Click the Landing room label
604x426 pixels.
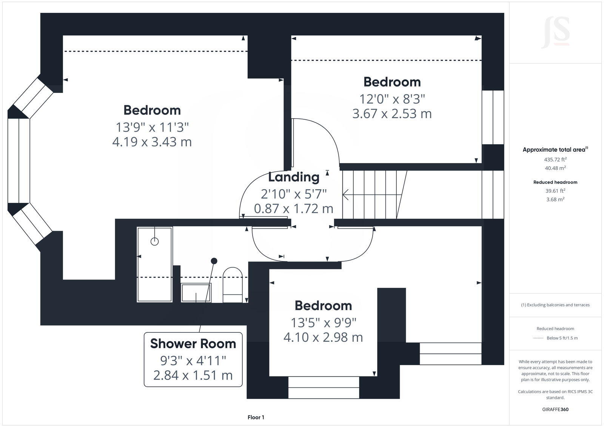tap(294, 177)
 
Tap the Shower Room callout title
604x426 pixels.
tap(193, 344)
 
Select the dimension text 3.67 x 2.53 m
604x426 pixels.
tap(392, 114)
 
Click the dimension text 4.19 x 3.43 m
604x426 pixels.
tap(152, 142)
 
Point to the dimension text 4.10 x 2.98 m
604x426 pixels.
tap(323, 337)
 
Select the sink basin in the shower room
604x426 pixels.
tap(196, 293)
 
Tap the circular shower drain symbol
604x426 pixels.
tap(154, 241)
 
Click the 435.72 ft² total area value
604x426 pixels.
tap(555, 160)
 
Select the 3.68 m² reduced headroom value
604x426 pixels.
tap(555, 199)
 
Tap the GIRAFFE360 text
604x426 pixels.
tap(555, 409)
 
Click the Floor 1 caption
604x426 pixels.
tap(256, 417)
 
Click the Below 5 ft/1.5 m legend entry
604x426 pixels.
tap(562, 338)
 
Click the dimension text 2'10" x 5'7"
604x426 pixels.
tap(294, 194)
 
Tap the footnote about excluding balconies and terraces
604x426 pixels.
tap(555, 305)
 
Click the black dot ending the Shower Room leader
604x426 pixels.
tap(214, 261)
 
